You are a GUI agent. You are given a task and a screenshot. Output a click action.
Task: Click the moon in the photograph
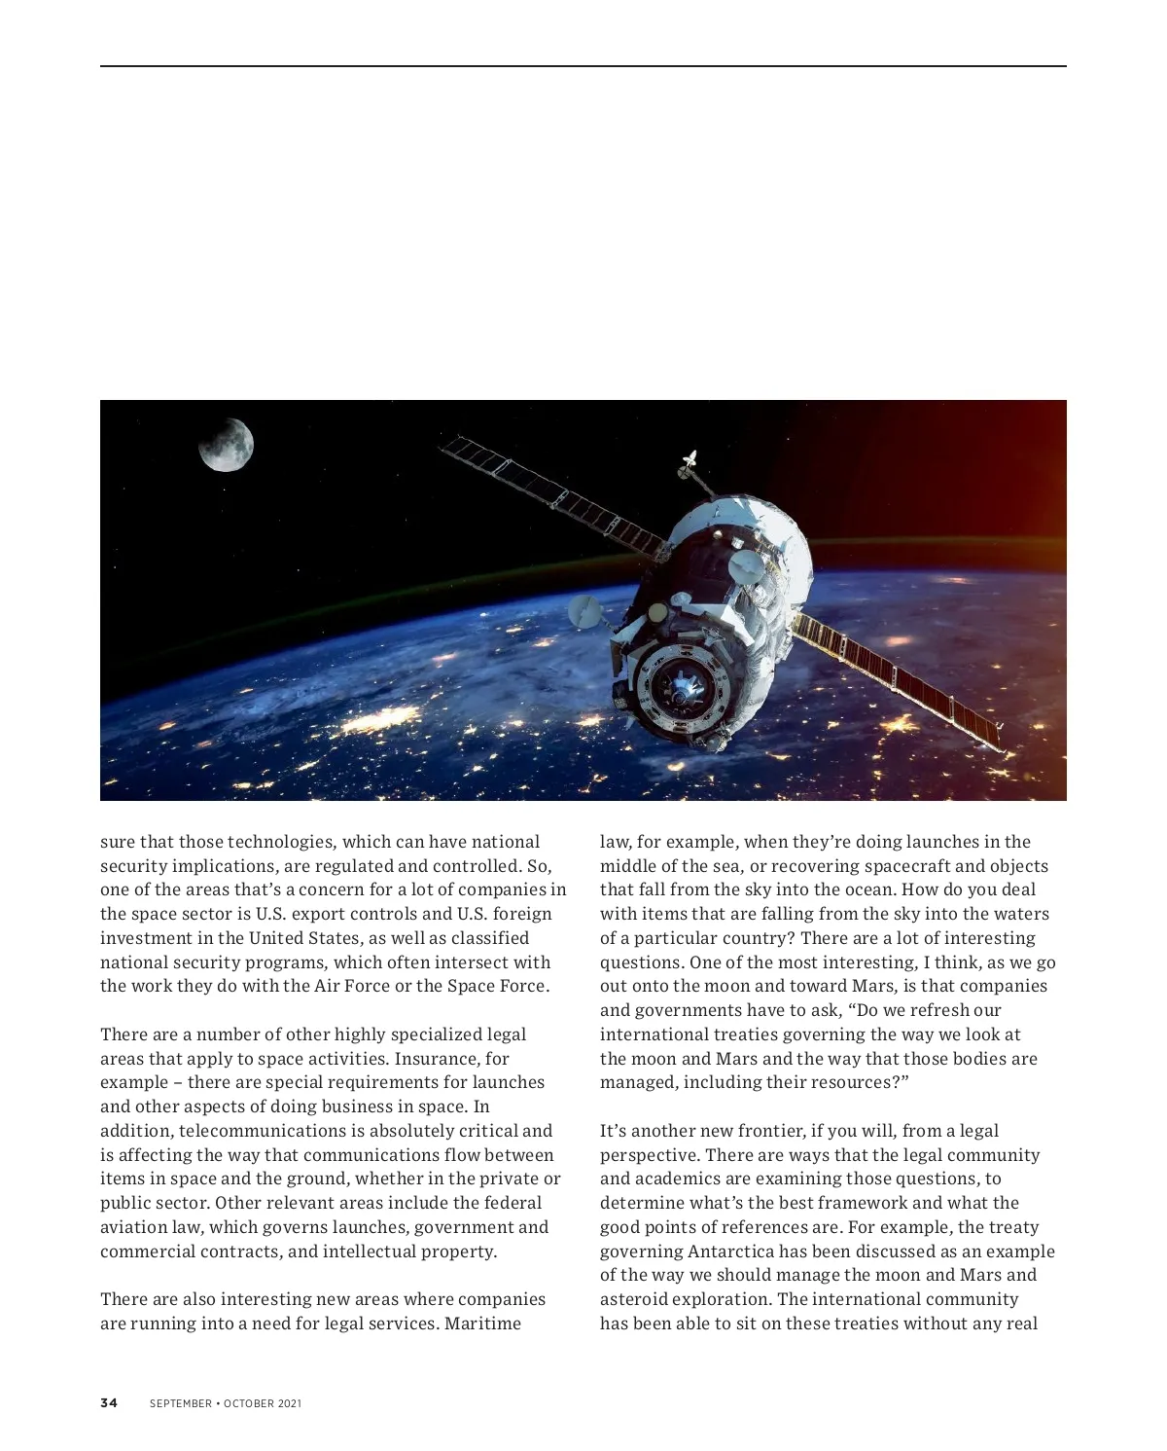227,445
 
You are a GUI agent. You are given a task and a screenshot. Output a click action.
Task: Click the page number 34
108,1403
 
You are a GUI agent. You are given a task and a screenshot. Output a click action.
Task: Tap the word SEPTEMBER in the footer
181,1403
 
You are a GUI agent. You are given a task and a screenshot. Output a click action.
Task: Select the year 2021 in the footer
290,1403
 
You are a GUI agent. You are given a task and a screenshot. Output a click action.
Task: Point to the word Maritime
483,1324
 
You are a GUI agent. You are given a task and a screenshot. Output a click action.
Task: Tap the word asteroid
633,1299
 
